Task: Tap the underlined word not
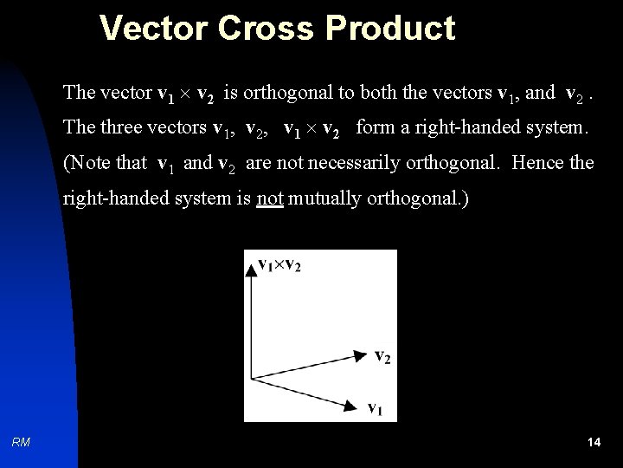(x=270, y=198)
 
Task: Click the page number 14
(x=594, y=443)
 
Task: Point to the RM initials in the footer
(x=22, y=443)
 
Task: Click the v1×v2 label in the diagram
(x=279, y=263)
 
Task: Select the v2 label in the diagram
(x=382, y=355)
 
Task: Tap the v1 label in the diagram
(x=376, y=406)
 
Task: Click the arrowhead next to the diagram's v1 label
(x=352, y=404)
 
